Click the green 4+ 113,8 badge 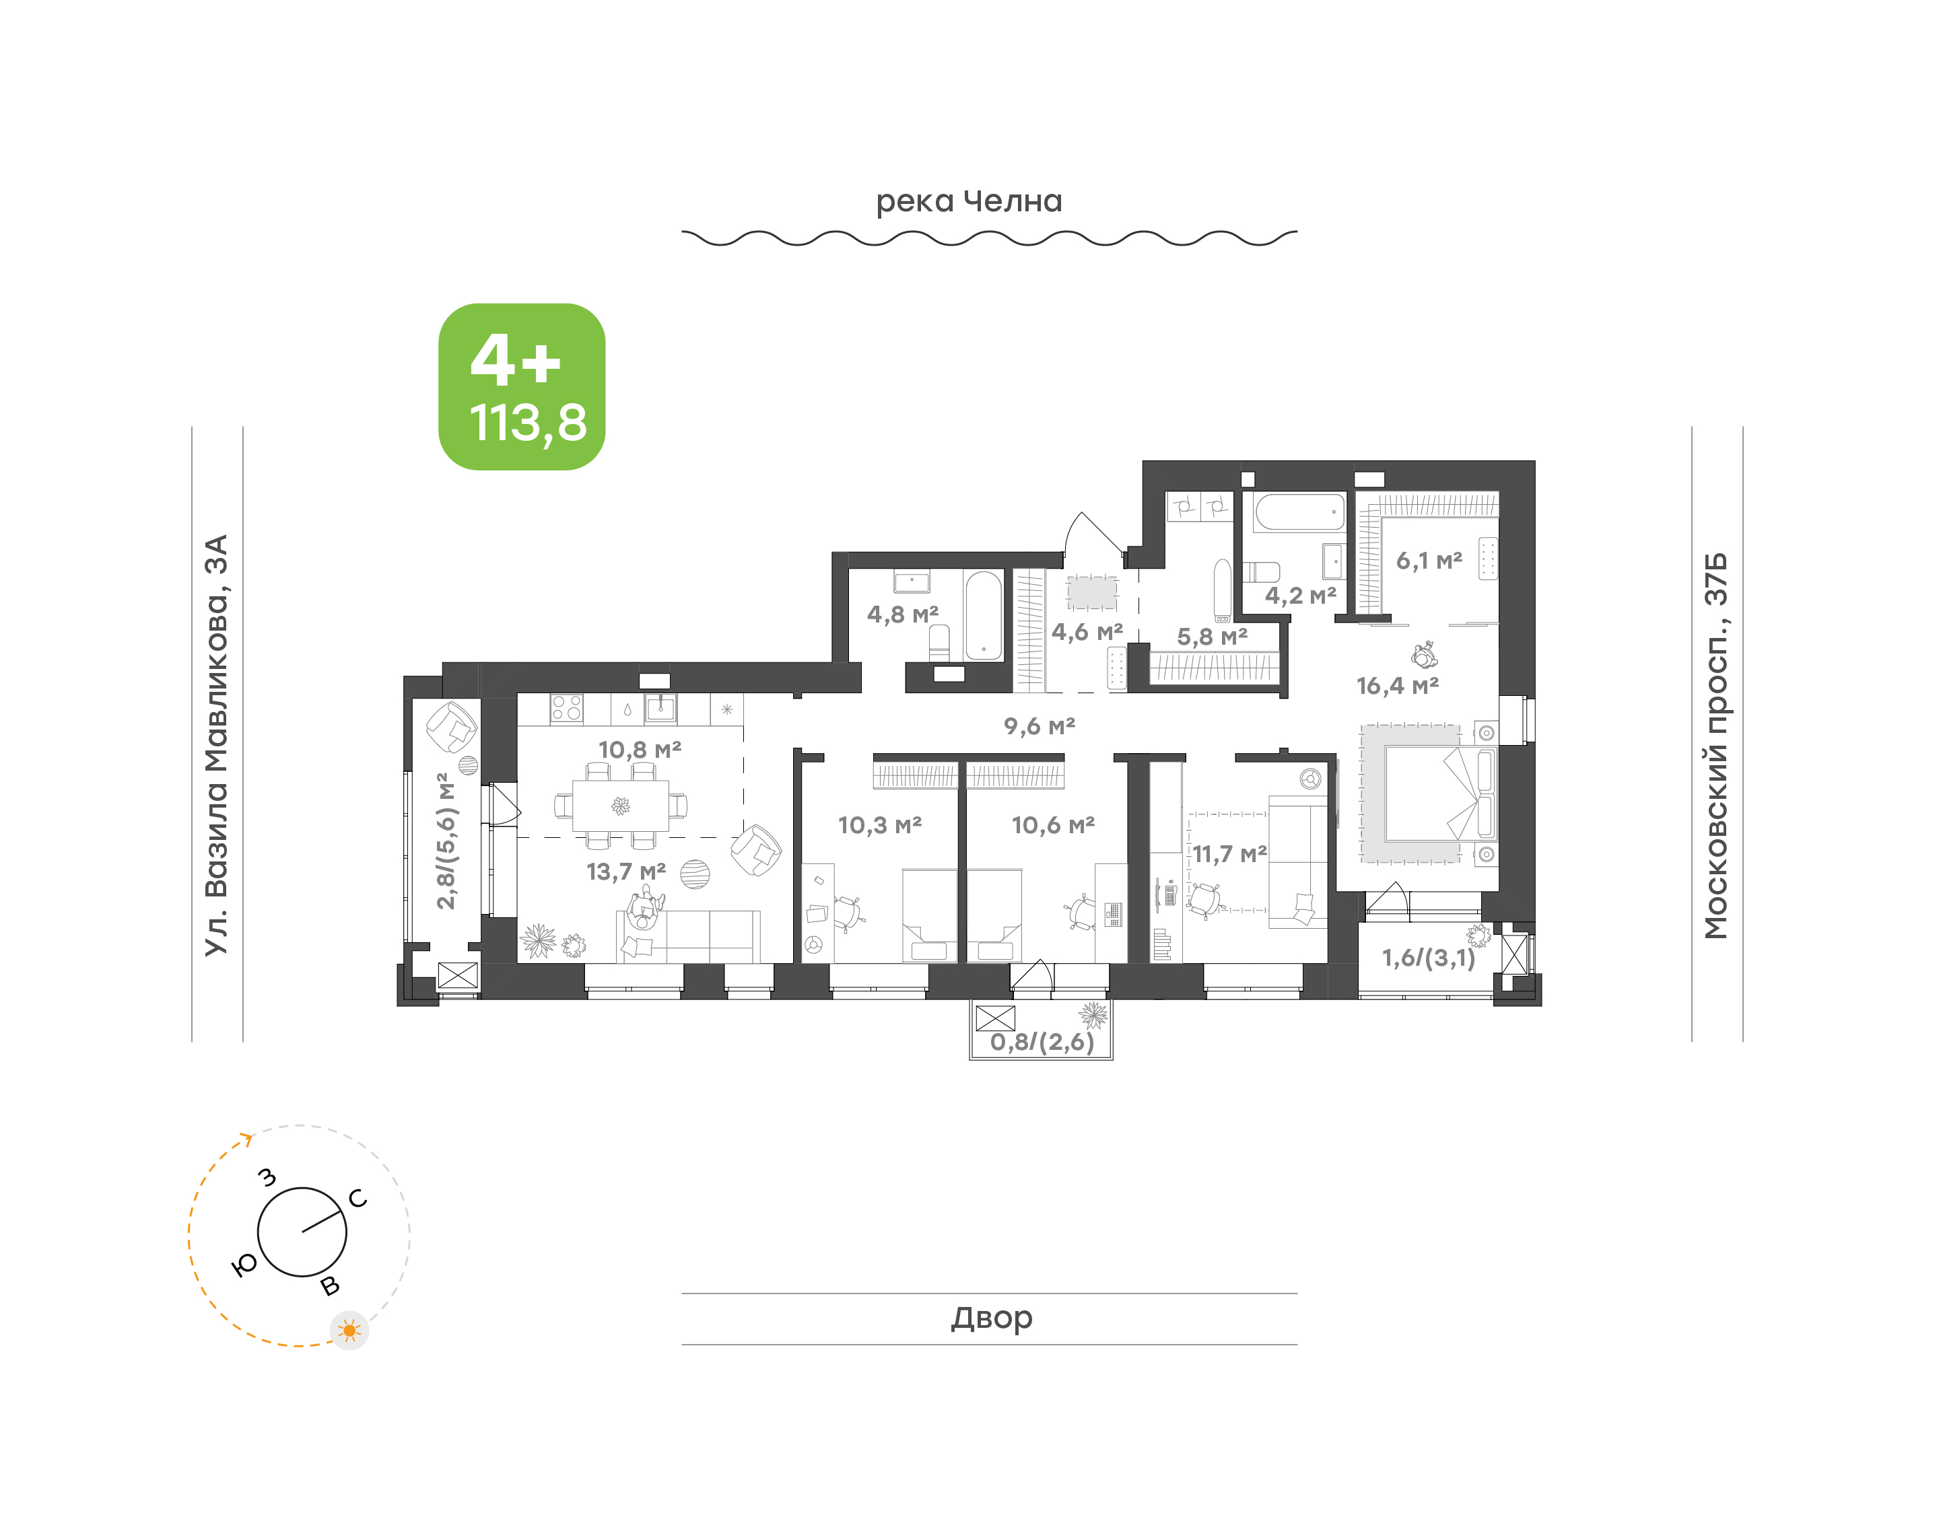click(x=522, y=386)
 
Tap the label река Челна click(x=969, y=202)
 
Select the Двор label click(x=991, y=1317)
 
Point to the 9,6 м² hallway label click(x=1040, y=726)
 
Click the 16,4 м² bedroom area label click(x=1398, y=686)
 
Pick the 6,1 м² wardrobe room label click(x=1429, y=560)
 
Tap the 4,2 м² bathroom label click(x=1300, y=595)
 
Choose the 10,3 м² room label click(x=879, y=824)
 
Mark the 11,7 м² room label click(x=1229, y=854)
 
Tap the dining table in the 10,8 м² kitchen click(x=621, y=806)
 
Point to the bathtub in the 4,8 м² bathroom click(x=984, y=615)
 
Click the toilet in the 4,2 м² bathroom click(x=1260, y=571)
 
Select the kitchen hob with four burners click(x=566, y=708)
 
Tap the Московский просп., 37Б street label click(x=1715, y=746)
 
